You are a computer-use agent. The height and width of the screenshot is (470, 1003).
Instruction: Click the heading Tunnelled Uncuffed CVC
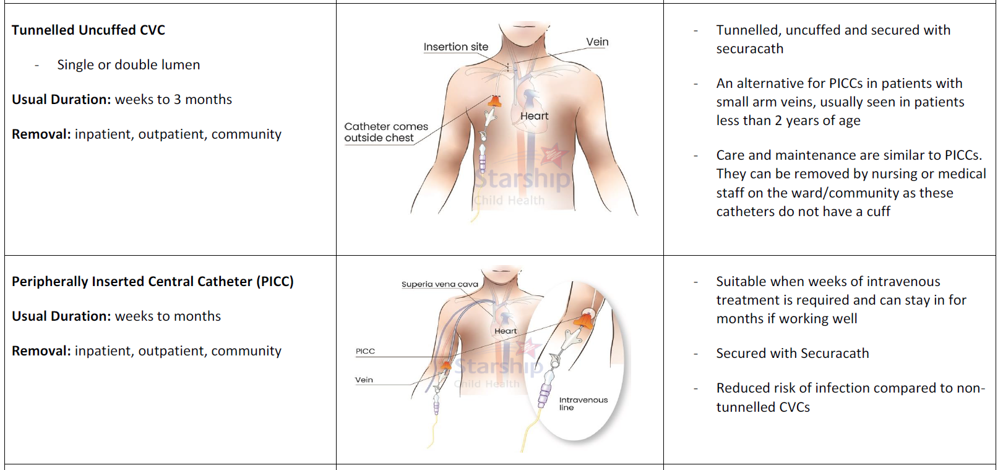[x=88, y=30]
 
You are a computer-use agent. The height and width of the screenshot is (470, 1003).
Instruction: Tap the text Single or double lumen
[x=128, y=65]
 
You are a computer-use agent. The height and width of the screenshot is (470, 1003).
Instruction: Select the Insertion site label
[x=455, y=47]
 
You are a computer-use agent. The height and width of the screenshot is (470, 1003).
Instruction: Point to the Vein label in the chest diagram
[x=597, y=42]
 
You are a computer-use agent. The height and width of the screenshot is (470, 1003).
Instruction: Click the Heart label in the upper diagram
[x=534, y=116]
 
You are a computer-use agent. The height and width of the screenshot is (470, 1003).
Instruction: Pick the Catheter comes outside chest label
[x=385, y=132]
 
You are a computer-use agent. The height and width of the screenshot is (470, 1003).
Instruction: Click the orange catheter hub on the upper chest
[x=495, y=101]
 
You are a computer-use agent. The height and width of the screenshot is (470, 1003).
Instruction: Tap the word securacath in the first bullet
[x=749, y=49]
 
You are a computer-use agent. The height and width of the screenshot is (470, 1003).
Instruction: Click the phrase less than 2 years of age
[x=788, y=121]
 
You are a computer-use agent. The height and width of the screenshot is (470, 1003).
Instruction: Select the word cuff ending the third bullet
[x=878, y=212]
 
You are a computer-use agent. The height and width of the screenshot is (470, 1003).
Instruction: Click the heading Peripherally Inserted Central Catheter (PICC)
[x=152, y=281]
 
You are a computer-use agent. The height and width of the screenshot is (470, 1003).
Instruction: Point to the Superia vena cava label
[x=439, y=284]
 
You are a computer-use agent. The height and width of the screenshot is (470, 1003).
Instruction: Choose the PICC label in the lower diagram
[x=365, y=351]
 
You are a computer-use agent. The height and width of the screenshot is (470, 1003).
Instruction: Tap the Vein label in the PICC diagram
[x=364, y=380]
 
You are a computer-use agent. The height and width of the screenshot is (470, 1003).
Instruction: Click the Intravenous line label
[x=582, y=403]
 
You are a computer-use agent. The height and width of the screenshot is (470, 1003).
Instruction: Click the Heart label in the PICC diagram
[x=506, y=331]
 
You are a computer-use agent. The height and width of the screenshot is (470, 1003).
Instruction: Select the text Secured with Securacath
[x=792, y=354]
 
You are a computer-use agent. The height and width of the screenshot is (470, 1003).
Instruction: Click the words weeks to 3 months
[x=173, y=100]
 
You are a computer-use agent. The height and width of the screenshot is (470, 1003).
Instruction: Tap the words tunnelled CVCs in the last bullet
[x=763, y=407]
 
